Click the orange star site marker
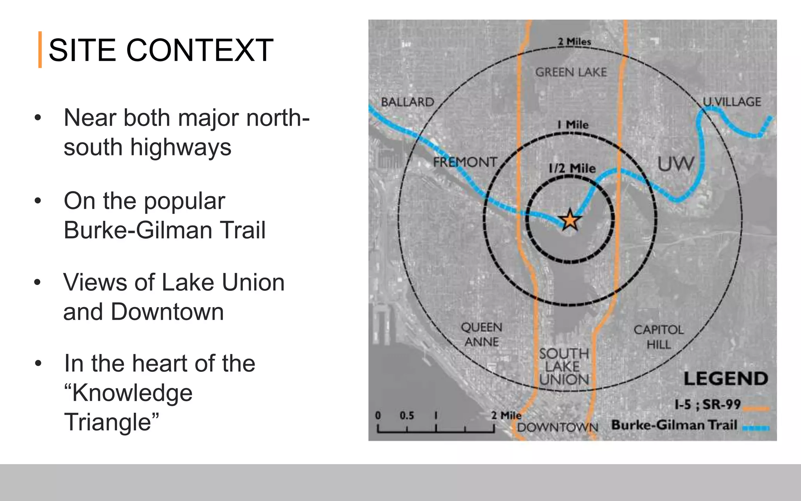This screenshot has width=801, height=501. point(569,220)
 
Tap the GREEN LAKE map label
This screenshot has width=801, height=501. point(571,72)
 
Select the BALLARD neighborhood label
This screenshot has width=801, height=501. point(408,102)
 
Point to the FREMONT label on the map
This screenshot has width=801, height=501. point(465,162)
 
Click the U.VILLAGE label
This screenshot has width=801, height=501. point(732,102)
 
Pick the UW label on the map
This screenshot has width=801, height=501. point(675,164)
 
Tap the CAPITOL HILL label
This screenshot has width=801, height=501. point(659,337)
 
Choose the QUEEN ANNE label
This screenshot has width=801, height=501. point(481,334)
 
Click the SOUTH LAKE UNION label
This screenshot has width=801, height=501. point(564,367)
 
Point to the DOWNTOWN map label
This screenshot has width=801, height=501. point(558,427)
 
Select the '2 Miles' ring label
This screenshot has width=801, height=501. point(574,41)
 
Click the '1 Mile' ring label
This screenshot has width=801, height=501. point(573,125)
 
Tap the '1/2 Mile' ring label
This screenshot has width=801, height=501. point(572,169)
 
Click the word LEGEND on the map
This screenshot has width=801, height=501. point(726,379)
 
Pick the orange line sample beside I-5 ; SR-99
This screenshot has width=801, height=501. point(756,409)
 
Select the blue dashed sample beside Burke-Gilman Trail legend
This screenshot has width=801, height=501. point(756,428)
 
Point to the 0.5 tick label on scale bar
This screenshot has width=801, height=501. point(407,415)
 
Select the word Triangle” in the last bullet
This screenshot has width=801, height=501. point(111,422)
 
